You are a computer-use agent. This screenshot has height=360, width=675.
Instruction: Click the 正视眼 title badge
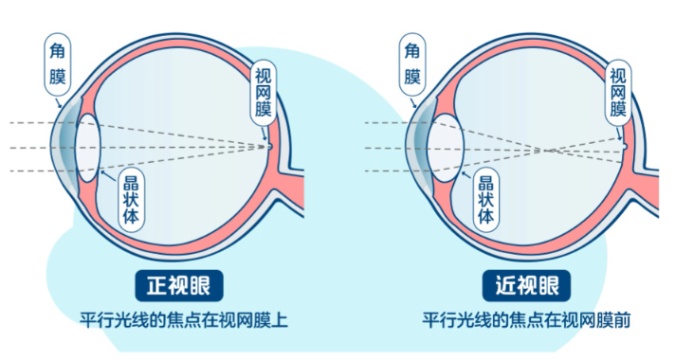179,285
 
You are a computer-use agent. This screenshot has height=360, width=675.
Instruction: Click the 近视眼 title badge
526,285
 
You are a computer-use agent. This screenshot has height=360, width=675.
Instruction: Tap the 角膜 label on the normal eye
58,64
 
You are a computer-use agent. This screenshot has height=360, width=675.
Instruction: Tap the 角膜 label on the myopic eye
412,64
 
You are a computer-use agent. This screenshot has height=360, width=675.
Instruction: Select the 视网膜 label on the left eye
263,93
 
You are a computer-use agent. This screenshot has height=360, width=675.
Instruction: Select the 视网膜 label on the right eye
618,93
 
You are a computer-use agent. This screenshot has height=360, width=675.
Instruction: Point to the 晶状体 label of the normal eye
131,200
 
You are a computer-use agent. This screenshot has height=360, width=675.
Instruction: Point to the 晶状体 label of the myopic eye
486,200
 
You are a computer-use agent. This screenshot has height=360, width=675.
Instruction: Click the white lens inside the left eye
88,148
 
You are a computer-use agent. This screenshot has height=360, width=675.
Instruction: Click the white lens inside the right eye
446,148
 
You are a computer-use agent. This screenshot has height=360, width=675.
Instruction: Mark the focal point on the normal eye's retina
269,147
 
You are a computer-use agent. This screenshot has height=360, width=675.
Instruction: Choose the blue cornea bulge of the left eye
64,148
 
